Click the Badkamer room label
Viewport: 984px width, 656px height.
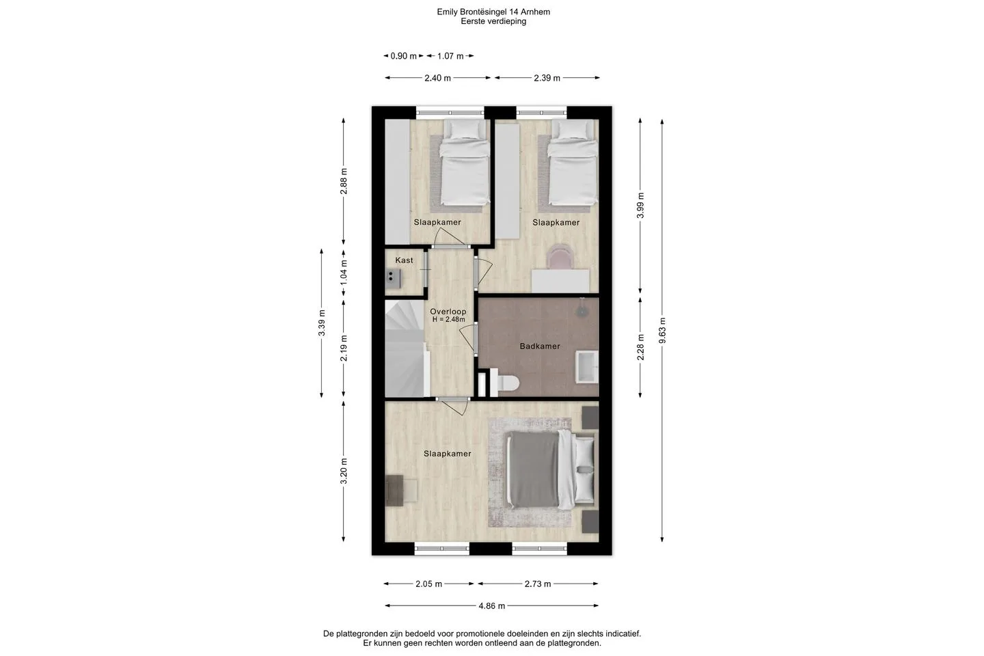click(x=539, y=346)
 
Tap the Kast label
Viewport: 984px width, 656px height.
click(x=404, y=260)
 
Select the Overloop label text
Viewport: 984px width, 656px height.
click(x=448, y=312)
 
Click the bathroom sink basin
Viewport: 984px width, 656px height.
click(x=588, y=366)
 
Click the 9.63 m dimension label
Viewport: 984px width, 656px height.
click(x=662, y=331)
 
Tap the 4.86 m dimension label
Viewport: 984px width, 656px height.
click(x=491, y=606)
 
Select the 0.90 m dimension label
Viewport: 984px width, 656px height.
click(x=403, y=56)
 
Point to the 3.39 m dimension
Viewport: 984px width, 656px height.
click(x=322, y=323)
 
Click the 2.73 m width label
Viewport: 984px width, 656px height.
click(x=537, y=584)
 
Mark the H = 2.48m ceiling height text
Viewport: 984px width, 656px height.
click(x=448, y=319)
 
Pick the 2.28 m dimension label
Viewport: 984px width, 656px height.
click(x=640, y=347)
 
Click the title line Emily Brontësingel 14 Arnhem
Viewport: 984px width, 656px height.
click(x=493, y=12)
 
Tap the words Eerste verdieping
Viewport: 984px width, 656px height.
click(x=493, y=21)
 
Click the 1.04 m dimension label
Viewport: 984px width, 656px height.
click(x=344, y=273)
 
